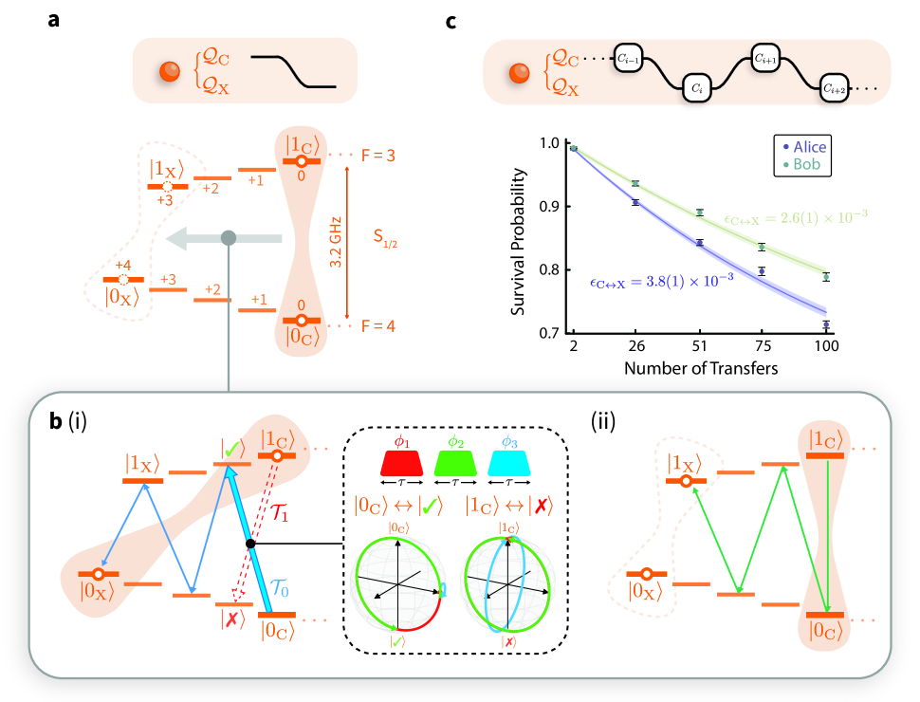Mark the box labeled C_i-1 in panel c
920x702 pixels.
628,59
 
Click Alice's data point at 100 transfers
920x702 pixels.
826,325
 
